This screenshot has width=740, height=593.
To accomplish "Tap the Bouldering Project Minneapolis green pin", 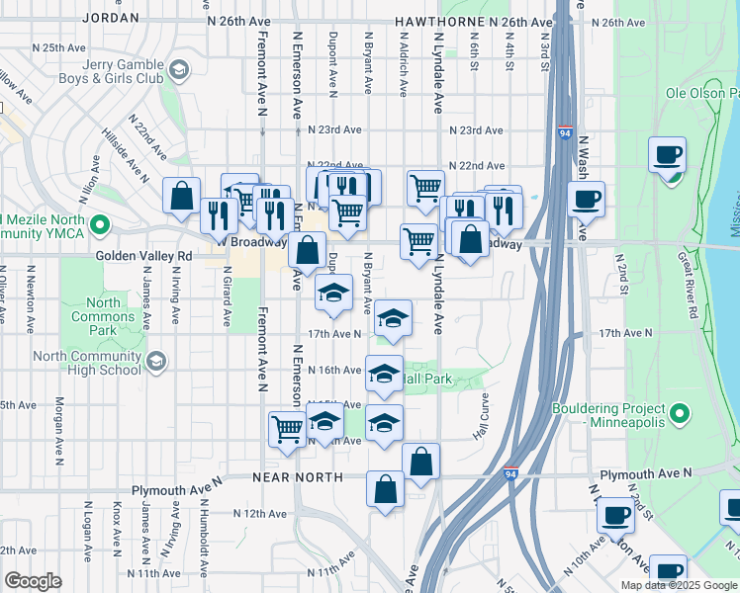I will [680, 413].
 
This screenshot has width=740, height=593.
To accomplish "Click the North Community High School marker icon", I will [156, 363].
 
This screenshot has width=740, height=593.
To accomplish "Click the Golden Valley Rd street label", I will [144, 255].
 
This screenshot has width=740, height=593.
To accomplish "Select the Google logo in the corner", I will [34, 581].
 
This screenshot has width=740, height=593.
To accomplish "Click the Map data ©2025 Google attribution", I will [679, 585].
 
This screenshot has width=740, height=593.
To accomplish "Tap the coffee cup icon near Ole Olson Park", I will [668, 156].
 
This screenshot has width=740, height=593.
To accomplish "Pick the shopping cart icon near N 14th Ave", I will [287, 428].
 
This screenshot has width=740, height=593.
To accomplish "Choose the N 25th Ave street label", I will [59, 47].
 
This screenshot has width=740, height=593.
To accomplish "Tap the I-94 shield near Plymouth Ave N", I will [511, 474].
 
